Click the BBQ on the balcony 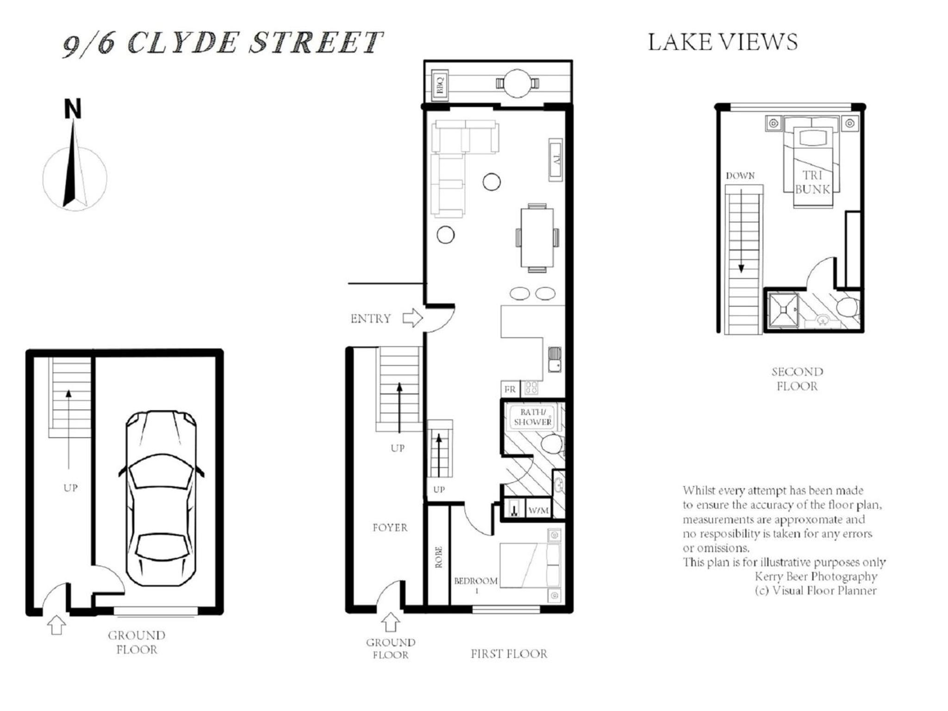click(x=439, y=84)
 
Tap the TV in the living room click(x=556, y=159)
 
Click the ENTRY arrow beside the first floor click(x=412, y=318)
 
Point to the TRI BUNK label click(x=812, y=182)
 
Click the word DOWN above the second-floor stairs click(x=740, y=176)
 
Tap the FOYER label click(x=390, y=527)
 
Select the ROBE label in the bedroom click(x=438, y=557)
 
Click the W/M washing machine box click(x=538, y=510)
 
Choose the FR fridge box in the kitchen click(x=510, y=389)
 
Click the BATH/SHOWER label click(x=533, y=417)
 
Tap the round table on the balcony click(x=517, y=83)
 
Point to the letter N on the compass click(x=73, y=109)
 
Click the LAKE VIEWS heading click(x=723, y=42)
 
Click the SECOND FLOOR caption click(x=797, y=379)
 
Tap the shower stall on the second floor click(x=783, y=310)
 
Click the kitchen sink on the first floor click(x=555, y=359)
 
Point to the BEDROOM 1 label click(x=476, y=585)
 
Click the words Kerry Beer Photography click(x=816, y=576)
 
